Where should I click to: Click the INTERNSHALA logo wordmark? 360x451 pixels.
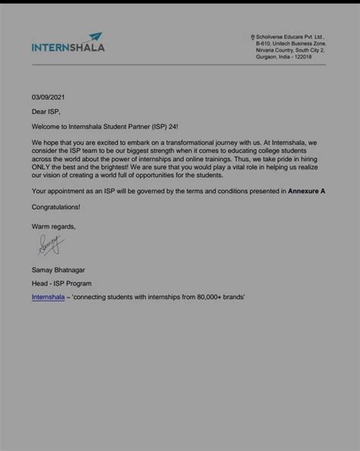point(68,47)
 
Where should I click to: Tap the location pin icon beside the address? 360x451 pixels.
point(252,37)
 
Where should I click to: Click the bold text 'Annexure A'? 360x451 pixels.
point(306,191)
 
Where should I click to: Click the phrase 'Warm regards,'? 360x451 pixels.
point(54,225)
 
